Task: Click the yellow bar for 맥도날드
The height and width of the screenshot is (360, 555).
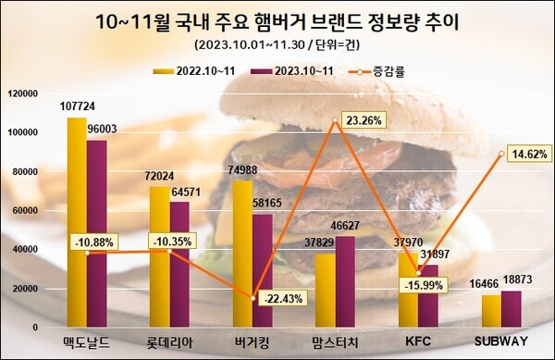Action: pos(77,222)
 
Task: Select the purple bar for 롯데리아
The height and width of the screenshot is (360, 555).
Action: pos(179,264)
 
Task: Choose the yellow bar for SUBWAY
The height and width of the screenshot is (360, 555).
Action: pos(490,311)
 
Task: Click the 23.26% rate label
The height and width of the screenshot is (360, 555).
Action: pos(368,119)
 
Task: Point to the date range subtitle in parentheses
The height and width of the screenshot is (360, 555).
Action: pos(278,45)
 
